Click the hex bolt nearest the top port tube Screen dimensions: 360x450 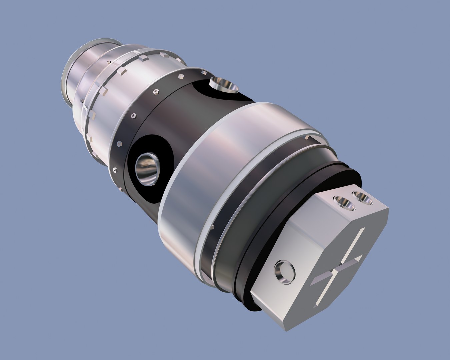pos(204,73)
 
